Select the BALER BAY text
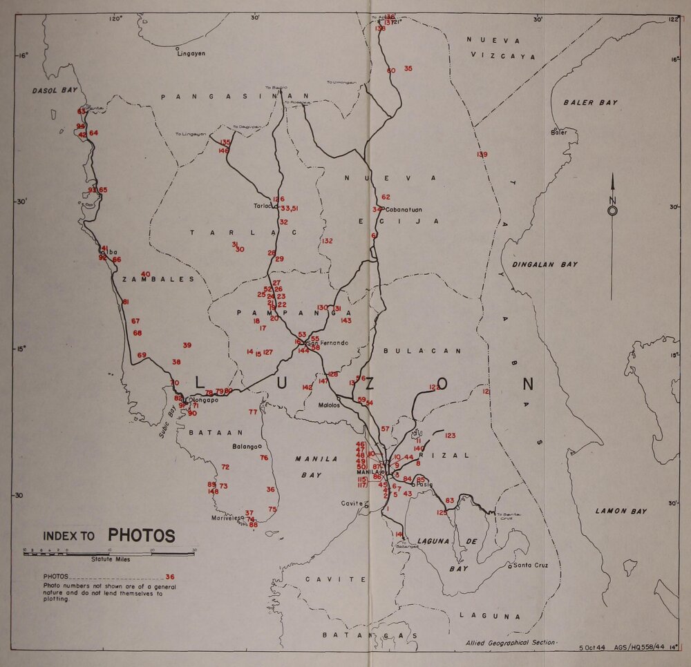coord(589,102)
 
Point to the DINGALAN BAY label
coord(545,264)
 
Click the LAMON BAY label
coord(621,511)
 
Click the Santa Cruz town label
coord(531,565)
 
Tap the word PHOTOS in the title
coord(141,536)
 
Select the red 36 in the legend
coord(170,577)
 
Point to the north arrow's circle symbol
coord(612,211)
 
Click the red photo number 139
coord(482,155)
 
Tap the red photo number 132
coord(327,241)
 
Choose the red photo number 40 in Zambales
coord(145,274)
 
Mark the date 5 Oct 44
coord(591,648)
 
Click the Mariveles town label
coord(227,517)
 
